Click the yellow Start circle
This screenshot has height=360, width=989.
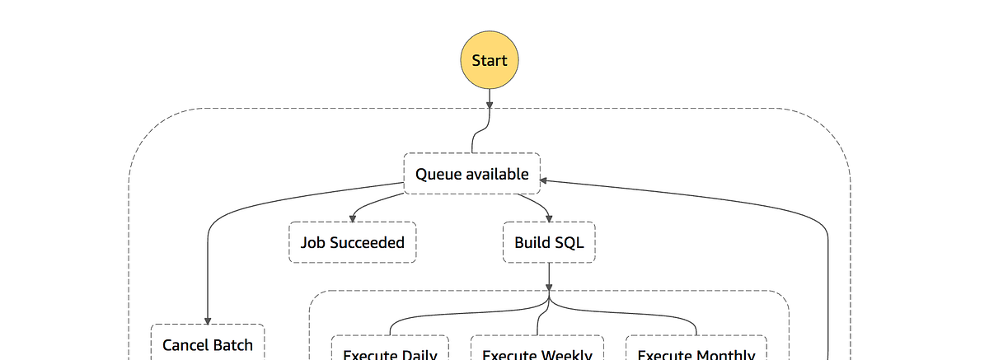click(x=490, y=60)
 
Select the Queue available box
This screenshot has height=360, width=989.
click(x=471, y=174)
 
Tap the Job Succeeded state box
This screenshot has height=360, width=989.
click(x=352, y=242)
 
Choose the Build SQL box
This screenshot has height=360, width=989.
click(x=549, y=242)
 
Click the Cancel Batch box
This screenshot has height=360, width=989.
click(x=208, y=344)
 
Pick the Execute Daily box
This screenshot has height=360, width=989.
click(x=390, y=349)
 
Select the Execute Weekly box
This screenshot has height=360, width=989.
click(x=537, y=349)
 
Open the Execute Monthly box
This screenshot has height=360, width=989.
click(x=696, y=349)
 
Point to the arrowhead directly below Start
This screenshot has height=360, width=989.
click(x=490, y=104)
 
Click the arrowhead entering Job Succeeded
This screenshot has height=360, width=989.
click(x=352, y=217)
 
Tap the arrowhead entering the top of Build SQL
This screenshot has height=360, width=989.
click(x=549, y=217)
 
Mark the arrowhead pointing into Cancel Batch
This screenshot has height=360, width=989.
click(x=208, y=320)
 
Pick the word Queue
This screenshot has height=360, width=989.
click(x=439, y=174)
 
